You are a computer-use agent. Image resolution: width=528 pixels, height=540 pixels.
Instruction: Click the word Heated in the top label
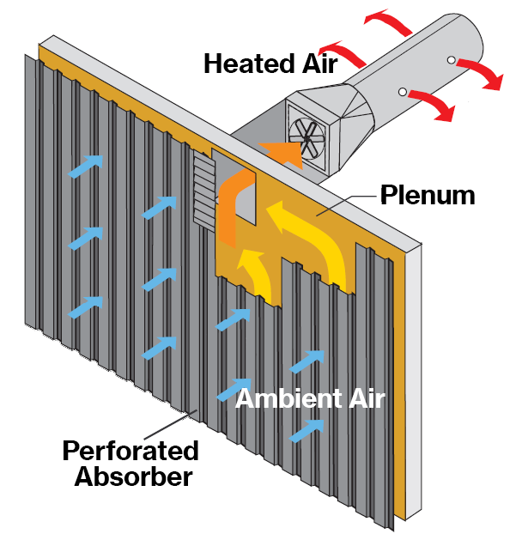tap(246, 63)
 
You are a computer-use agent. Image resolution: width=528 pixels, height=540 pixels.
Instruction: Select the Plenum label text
tap(427, 196)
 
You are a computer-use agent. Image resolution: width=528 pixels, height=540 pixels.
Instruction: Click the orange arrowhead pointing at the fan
tap(283, 149)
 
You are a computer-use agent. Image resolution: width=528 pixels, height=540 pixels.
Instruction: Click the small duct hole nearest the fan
tap(402, 91)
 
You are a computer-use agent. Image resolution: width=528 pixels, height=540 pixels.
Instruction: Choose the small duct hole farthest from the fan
tap(451, 60)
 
